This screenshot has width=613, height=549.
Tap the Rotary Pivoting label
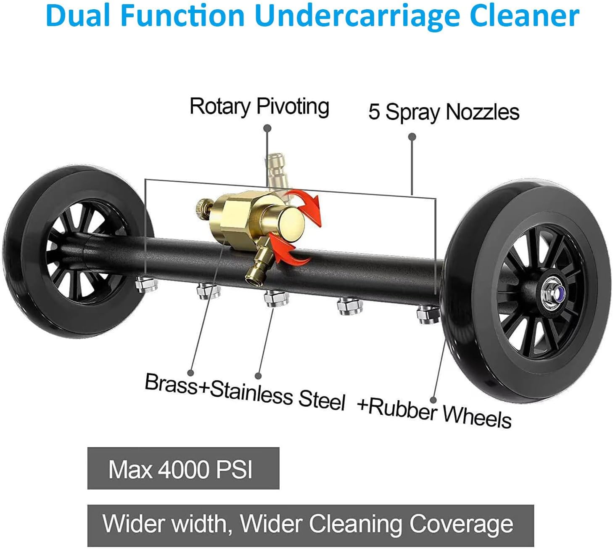[x=259, y=106]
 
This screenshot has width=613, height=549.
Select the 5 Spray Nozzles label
[x=444, y=112]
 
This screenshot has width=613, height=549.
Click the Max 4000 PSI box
[x=183, y=468]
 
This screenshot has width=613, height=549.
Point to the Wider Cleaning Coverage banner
[x=310, y=525]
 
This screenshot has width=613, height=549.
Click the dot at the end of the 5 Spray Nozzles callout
[x=412, y=137]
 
